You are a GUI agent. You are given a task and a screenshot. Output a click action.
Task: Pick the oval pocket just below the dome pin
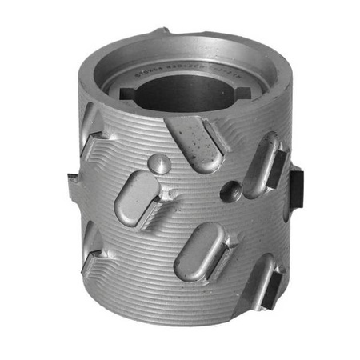pos(135,199)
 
